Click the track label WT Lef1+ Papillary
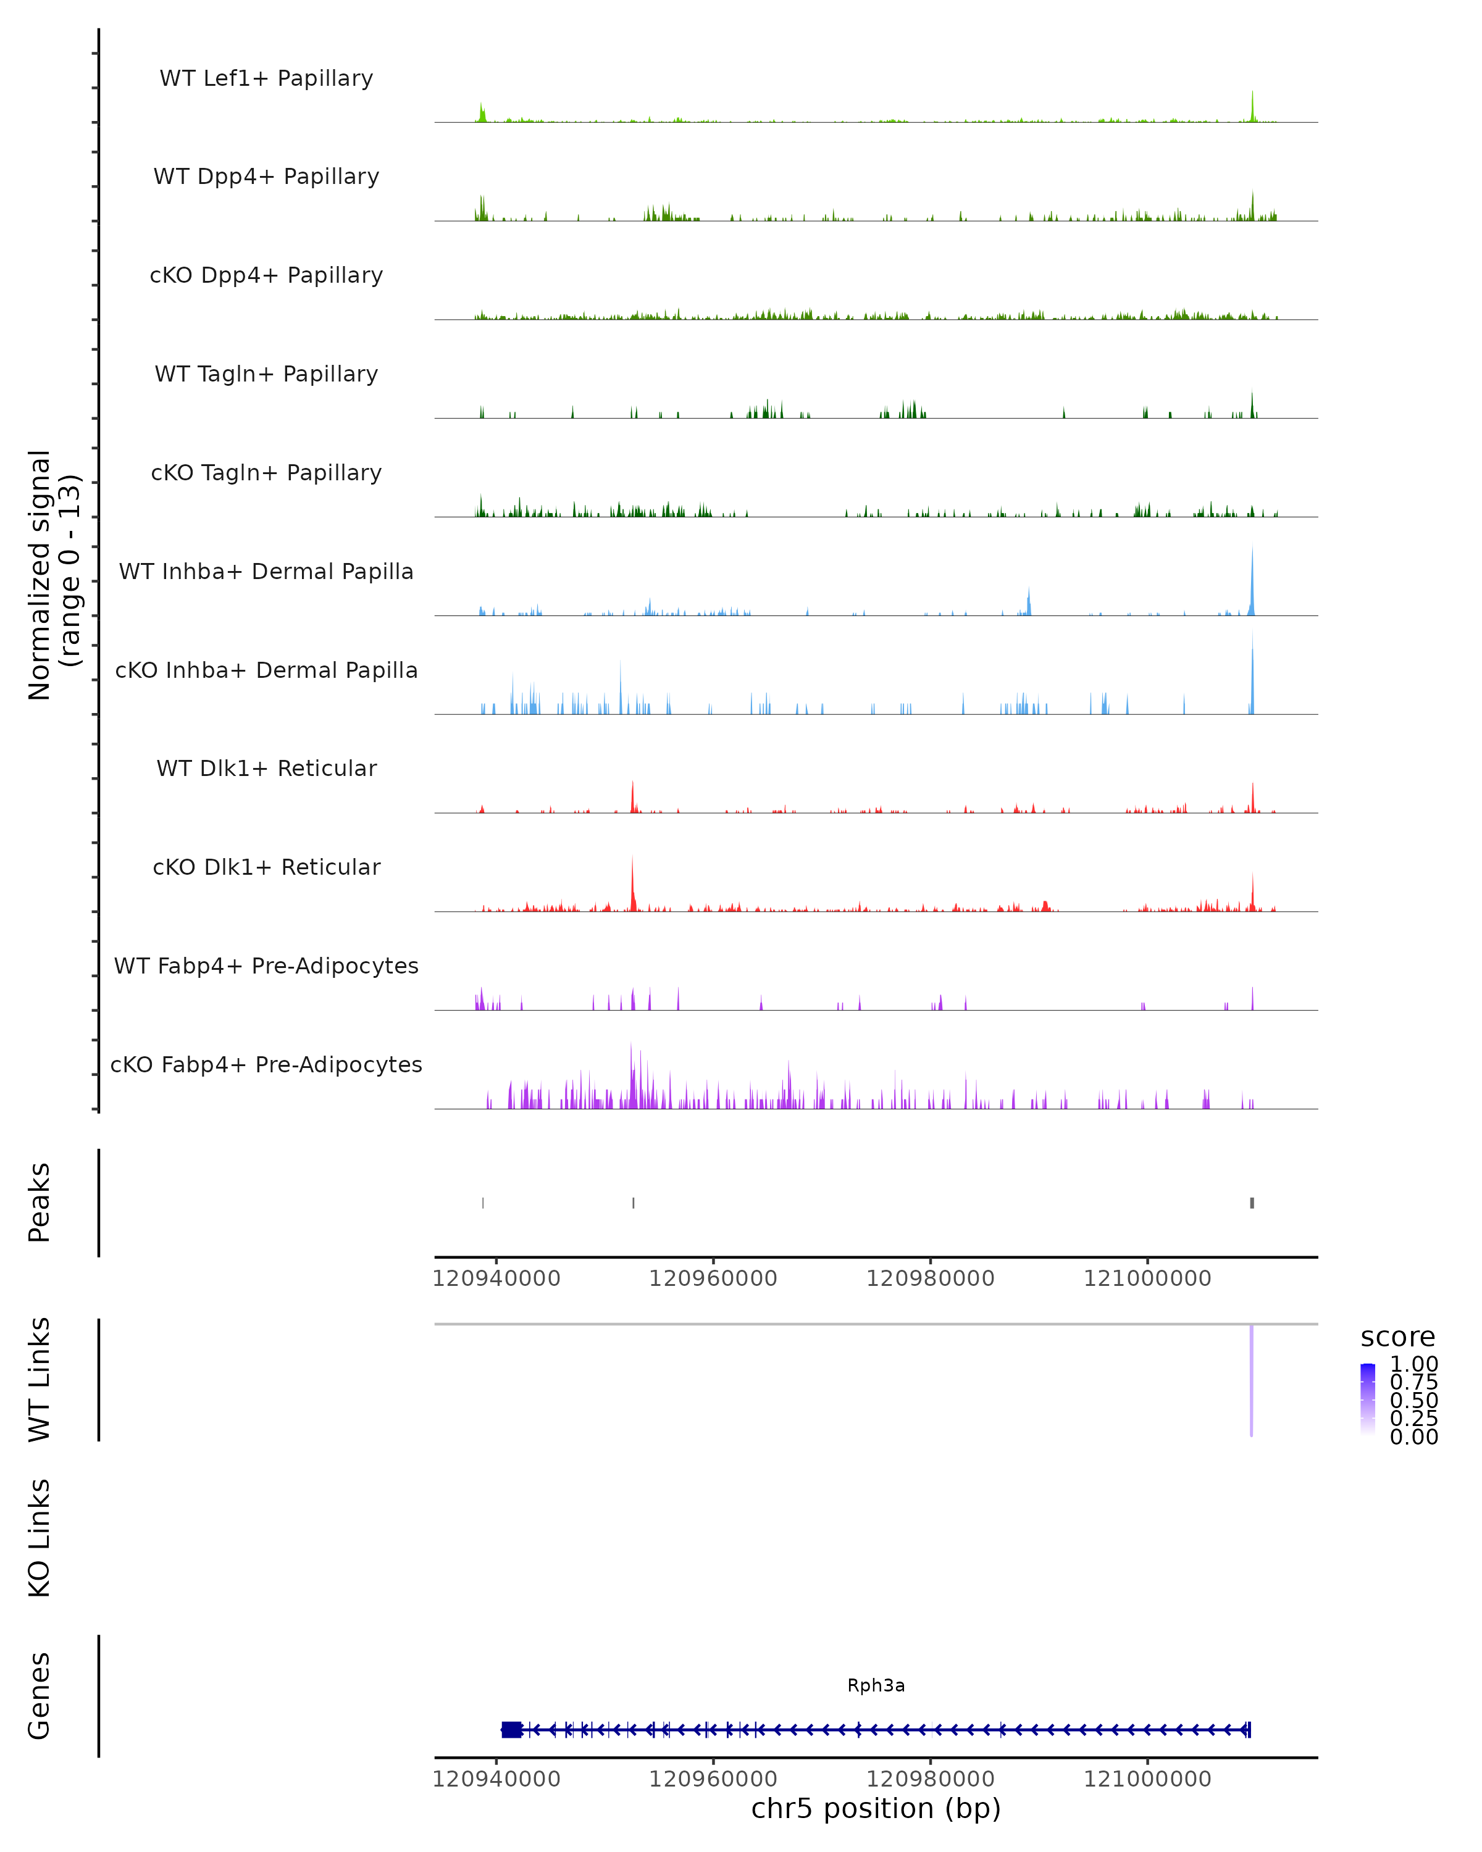click(x=266, y=78)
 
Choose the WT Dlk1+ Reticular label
click(x=266, y=768)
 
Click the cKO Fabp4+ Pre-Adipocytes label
click(x=266, y=1064)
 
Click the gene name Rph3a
click(x=876, y=1685)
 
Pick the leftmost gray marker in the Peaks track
click(x=483, y=1203)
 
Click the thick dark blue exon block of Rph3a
click(x=511, y=1729)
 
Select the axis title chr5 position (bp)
click(x=876, y=1808)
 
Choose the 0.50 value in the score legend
click(x=1413, y=1400)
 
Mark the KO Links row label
click(x=40, y=1538)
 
